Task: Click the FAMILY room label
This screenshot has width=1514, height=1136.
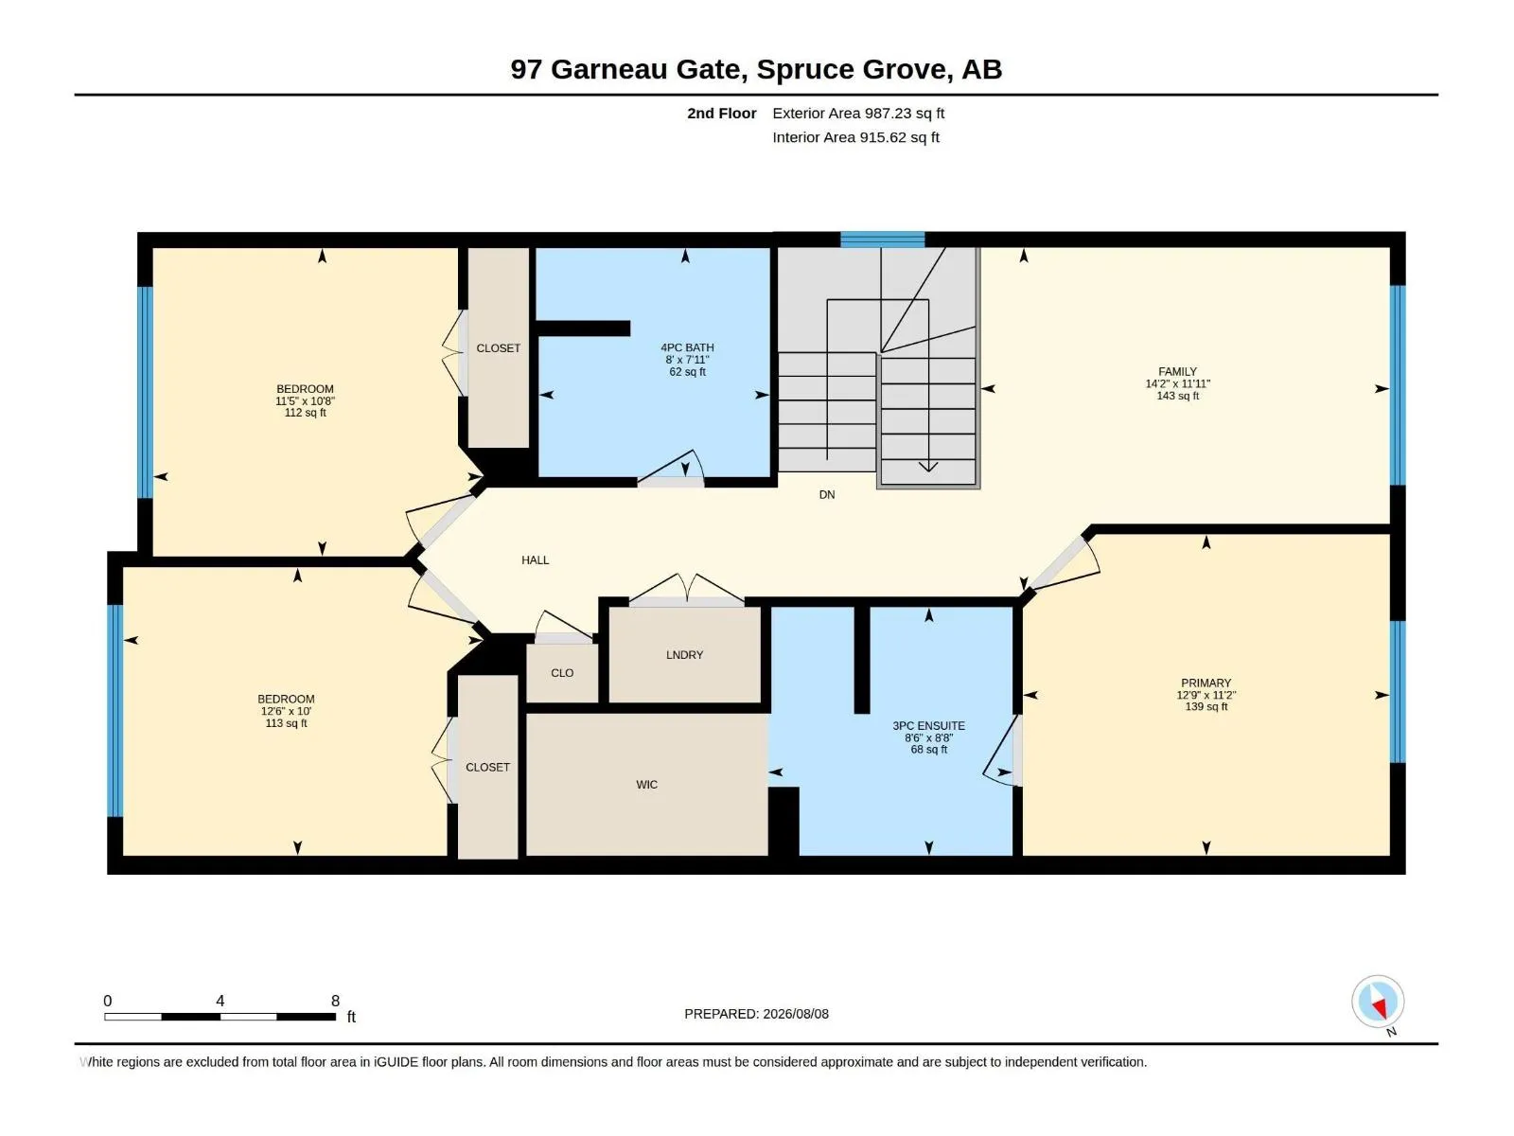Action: [x=1177, y=371]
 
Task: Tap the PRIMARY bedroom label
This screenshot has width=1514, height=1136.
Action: [x=1206, y=683]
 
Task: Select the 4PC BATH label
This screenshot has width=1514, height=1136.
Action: [x=687, y=347]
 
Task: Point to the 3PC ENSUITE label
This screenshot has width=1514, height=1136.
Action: [x=928, y=725]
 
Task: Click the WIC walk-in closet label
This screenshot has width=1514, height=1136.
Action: [x=646, y=784]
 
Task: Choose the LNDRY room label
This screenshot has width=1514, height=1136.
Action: [x=684, y=654]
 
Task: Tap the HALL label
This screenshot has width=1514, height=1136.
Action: [x=536, y=560]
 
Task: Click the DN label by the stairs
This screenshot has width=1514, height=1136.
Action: [x=826, y=494]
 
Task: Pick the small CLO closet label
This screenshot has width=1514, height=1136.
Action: [x=562, y=672]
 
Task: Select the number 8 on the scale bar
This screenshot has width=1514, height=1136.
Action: [x=335, y=1001]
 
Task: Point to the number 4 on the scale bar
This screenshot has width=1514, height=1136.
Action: [x=220, y=1001]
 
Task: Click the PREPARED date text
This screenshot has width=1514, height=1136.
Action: [x=757, y=1014]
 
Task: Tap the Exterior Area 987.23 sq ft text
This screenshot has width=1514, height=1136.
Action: [x=858, y=113]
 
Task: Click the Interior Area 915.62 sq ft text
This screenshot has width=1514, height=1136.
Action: [x=855, y=137]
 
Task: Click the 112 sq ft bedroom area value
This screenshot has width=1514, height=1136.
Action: [x=305, y=413]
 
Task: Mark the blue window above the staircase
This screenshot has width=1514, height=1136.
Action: [x=882, y=240]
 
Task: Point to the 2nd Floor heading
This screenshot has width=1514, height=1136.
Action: [x=721, y=113]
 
